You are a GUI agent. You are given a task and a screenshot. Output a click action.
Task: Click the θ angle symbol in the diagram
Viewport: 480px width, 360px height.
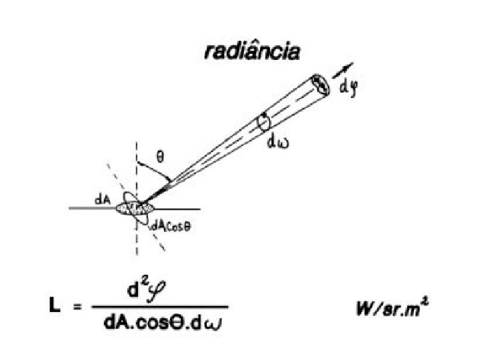pos(159,157)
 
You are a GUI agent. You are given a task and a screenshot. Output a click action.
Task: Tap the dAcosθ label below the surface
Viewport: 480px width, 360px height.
pos(171,225)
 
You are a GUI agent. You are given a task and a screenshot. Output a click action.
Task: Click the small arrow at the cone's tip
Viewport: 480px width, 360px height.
pos(344,69)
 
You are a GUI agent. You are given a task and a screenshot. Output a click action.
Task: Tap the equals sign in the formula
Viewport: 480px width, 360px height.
pos(77,308)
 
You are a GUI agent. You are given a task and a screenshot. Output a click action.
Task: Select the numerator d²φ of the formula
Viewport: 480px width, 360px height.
pos(158,292)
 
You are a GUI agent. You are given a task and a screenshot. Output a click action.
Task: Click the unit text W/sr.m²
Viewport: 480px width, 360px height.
pos(395,310)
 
